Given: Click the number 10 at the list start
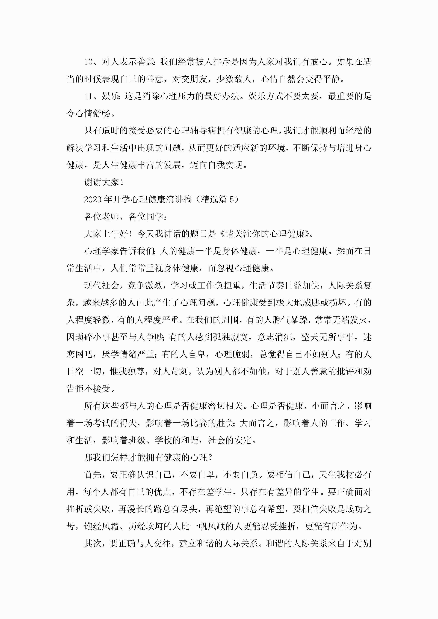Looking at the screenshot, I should point(88,62).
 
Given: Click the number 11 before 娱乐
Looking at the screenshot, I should point(88,96).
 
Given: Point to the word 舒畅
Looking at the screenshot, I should point(102,113).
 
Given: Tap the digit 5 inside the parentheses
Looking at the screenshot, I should point(231,200).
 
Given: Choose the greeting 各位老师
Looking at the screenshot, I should point(102,217).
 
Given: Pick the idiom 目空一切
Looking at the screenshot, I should point(84,371).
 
